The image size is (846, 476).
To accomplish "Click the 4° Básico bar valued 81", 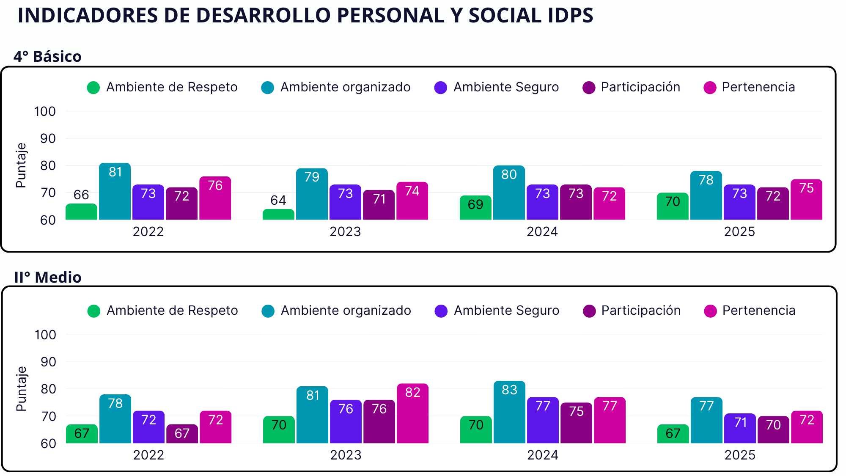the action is pyautogui.click(x=115, y=191).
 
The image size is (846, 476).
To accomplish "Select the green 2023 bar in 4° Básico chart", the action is pyautogui.click(x=278, y=214).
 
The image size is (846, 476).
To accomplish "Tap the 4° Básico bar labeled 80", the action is pyautogui.click(x=509, y=193).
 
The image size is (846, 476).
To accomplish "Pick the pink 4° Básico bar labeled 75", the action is pyautogui.click(x=806, y=199).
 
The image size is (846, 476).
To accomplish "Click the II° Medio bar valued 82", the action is pyautogui.click(x=412, y=413).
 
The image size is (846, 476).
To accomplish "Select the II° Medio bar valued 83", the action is pyautogui.click(x=509, y=412).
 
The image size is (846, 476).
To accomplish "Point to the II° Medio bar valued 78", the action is pyautogui.click(x=115, y=419).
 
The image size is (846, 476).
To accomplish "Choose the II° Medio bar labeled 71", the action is pyautogui.click(x=740, y=428).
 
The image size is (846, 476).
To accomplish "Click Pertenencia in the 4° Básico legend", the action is pyautogui.click(x=758, y=87).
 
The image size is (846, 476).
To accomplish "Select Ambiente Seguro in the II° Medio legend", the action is pyautogui.click(x=506, y=311).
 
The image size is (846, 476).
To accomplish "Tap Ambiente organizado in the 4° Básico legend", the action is pyautogui.click(x=345, y=87).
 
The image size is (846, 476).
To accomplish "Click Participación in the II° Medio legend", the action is pyautogui.click(x=641, y=311).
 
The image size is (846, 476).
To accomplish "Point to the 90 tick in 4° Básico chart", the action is pyautogui.click(x=48, y=138).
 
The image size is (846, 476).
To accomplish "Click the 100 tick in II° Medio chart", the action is pyautogui.click(x=45, y=335).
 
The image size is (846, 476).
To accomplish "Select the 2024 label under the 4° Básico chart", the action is pyautogui.click(x=542, y=231).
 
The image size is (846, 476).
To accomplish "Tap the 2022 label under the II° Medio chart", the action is pyautogui.click(x=148, y=455).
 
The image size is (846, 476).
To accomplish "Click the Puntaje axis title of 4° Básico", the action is pyautogui.click(x=21, y=165).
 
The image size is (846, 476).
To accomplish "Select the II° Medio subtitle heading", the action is pyautogui.click(x=48, y=277).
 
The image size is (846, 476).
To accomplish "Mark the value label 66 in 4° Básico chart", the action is pyautogui.click(x=81, y=195).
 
